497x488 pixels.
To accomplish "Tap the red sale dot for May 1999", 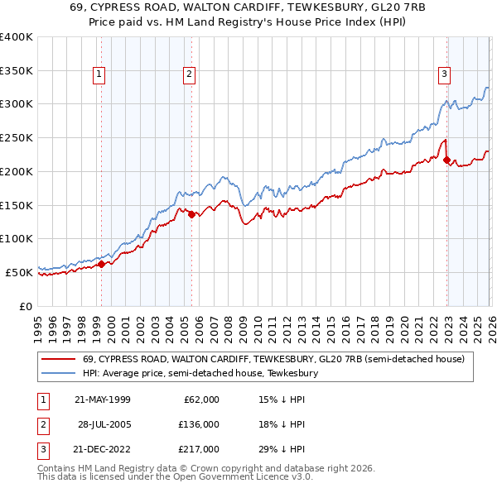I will point(101,264).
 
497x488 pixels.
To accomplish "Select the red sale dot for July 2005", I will point(191,214).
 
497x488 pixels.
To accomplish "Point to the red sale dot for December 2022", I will point(446,160).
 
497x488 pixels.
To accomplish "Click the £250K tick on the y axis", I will point(17,137).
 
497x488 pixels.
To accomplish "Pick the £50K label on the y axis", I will point(19,272).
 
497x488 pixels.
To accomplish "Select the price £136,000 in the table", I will point(200,424).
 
